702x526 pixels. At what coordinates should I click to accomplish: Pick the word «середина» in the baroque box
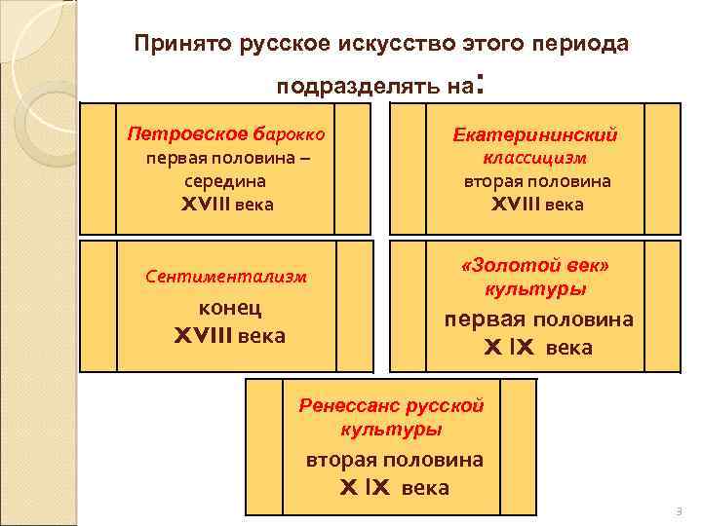click(x=223, y=180)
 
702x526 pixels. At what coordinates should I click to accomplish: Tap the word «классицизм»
click(x=535, y=157)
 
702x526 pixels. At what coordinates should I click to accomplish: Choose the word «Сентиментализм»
click(x=226, y=276)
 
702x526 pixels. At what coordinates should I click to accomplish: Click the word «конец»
click(x=229, y=309)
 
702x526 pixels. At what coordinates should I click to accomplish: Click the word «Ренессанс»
click(x=343, y=405)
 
